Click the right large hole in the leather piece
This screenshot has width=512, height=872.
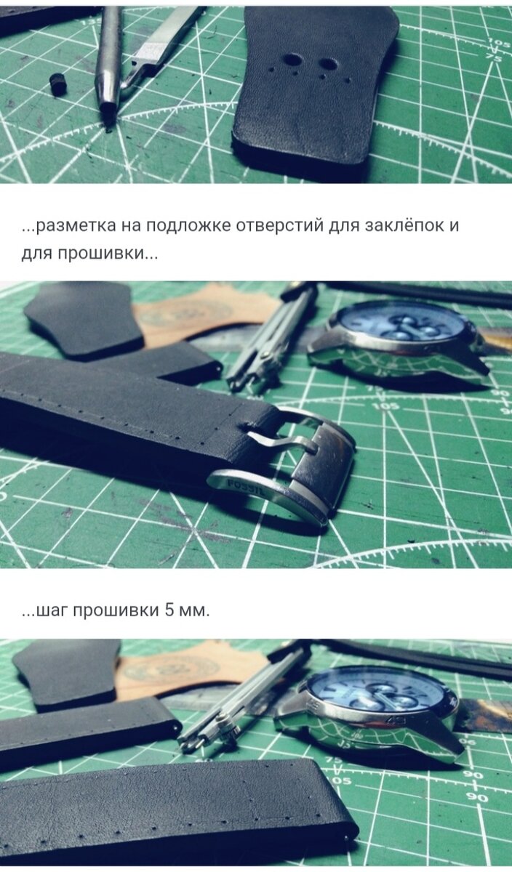point(329,65)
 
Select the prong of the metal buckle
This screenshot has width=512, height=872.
point(284,443)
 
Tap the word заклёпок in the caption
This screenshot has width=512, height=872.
point(404,225)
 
